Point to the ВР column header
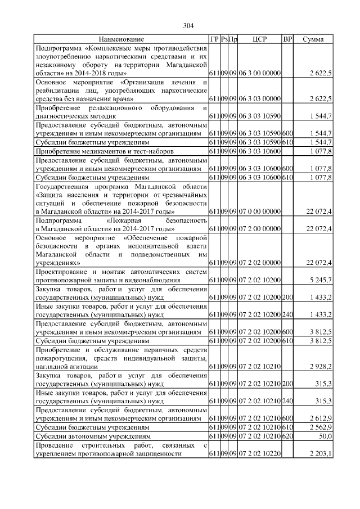click(x=287, y=39)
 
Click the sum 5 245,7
click(x=321, y=279)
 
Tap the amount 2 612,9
click(x=321, y=418)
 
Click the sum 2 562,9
click(x=321, y=427)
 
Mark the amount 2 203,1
click(x=321, y=453)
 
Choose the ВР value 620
click(x=287, y=436)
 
